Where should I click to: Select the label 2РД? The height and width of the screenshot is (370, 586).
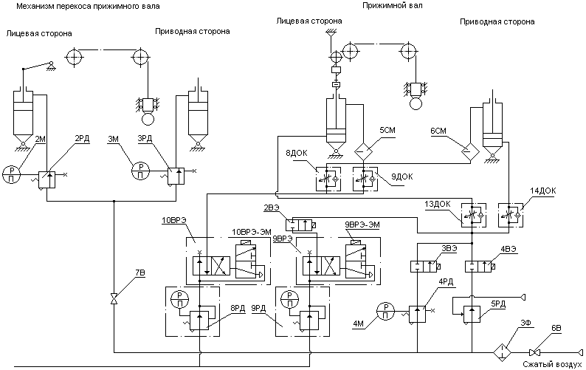pos(83,137)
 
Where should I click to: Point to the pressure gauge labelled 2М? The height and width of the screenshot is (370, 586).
pos(11,173)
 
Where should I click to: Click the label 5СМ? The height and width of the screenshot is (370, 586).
pos(387,130)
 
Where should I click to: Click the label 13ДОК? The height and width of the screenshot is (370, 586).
pos(436,204)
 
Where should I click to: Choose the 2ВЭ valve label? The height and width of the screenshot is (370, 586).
pos(271,208)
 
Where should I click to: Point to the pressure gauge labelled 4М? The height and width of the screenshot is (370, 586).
pos(385,310)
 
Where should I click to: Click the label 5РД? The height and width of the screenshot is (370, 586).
pos(497,303)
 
